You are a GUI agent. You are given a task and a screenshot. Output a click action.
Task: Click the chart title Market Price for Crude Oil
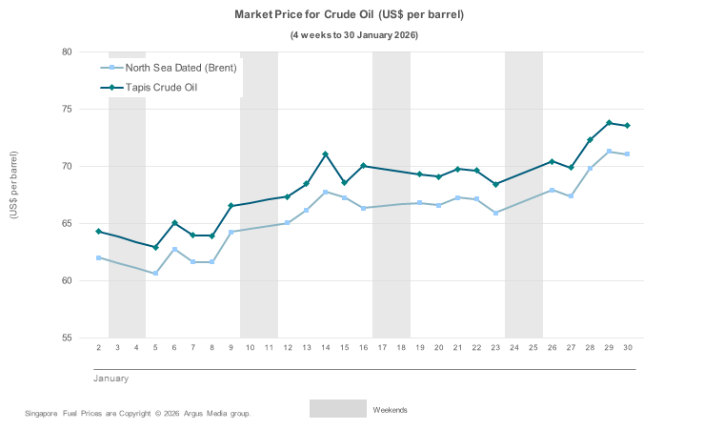(350, 15)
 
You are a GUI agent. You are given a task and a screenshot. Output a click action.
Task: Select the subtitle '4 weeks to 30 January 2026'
(353, 35)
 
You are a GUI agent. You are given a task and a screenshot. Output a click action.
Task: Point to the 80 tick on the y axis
(68, 52)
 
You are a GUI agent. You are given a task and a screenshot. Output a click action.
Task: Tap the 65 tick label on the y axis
(68, 224)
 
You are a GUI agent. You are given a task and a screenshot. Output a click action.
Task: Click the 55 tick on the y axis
(68, 338)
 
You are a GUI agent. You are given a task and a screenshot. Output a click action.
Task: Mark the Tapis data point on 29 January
(609, 123)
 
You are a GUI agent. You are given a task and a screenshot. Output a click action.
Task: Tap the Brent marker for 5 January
(155, 274)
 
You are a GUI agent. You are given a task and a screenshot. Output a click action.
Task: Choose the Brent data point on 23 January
(495, 213)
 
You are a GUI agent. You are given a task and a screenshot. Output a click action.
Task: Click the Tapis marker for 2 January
(98, 232)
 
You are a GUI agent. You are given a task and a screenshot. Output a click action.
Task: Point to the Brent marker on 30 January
(627, 154)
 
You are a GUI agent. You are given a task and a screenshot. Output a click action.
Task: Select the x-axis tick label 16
(363, 348)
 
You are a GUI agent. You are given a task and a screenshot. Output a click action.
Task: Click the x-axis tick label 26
(552, 348)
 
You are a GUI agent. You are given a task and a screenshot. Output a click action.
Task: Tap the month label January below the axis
(110, 379)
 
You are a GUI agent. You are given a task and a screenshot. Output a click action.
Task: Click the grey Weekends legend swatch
(337, 408)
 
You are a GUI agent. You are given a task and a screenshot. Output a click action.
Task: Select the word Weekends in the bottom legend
(390, 410)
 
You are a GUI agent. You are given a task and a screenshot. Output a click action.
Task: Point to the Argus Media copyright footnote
(138, 414)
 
